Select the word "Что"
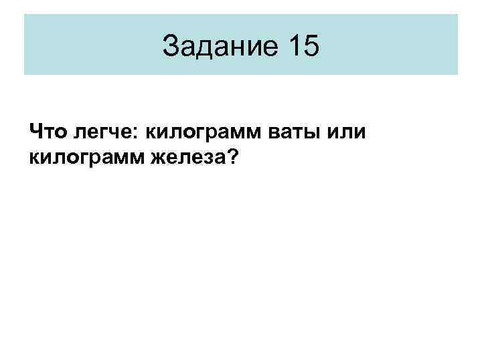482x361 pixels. point(46,130)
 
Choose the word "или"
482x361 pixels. point(347,131)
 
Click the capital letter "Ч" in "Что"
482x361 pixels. point(35,130)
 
